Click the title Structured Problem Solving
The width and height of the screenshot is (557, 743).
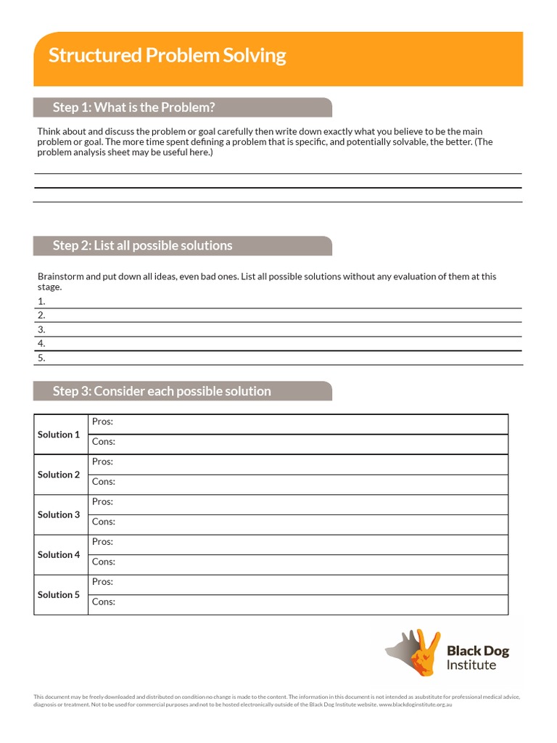tap(167, 56)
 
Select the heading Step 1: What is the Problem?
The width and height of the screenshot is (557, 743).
tap(133, 107)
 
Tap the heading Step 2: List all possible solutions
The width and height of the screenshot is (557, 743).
tap(142, 245)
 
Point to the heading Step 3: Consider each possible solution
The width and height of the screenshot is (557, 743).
tap(162, 391)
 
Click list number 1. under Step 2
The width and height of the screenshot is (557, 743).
tap(41, 301)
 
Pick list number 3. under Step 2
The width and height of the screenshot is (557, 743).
tap(41, 329)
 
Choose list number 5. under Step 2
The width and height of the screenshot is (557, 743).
tap(41, 358)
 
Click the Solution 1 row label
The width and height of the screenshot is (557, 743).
tap(59, 435)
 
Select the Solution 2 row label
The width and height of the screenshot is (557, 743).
tap(59, 475)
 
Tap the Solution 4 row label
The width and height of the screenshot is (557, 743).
tap(59, 554)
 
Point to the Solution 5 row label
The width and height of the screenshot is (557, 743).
tap(59, 594)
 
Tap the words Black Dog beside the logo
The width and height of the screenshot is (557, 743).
tap(477, 651)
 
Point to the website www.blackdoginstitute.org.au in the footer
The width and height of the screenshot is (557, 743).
tap(415, 705)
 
